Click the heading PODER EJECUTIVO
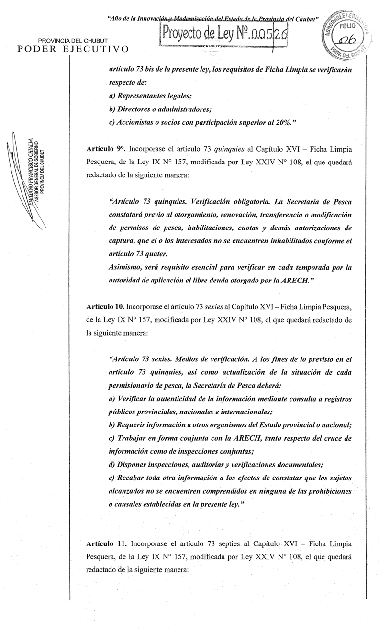pos(73,49)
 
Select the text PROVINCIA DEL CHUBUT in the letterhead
pos(72,41)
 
